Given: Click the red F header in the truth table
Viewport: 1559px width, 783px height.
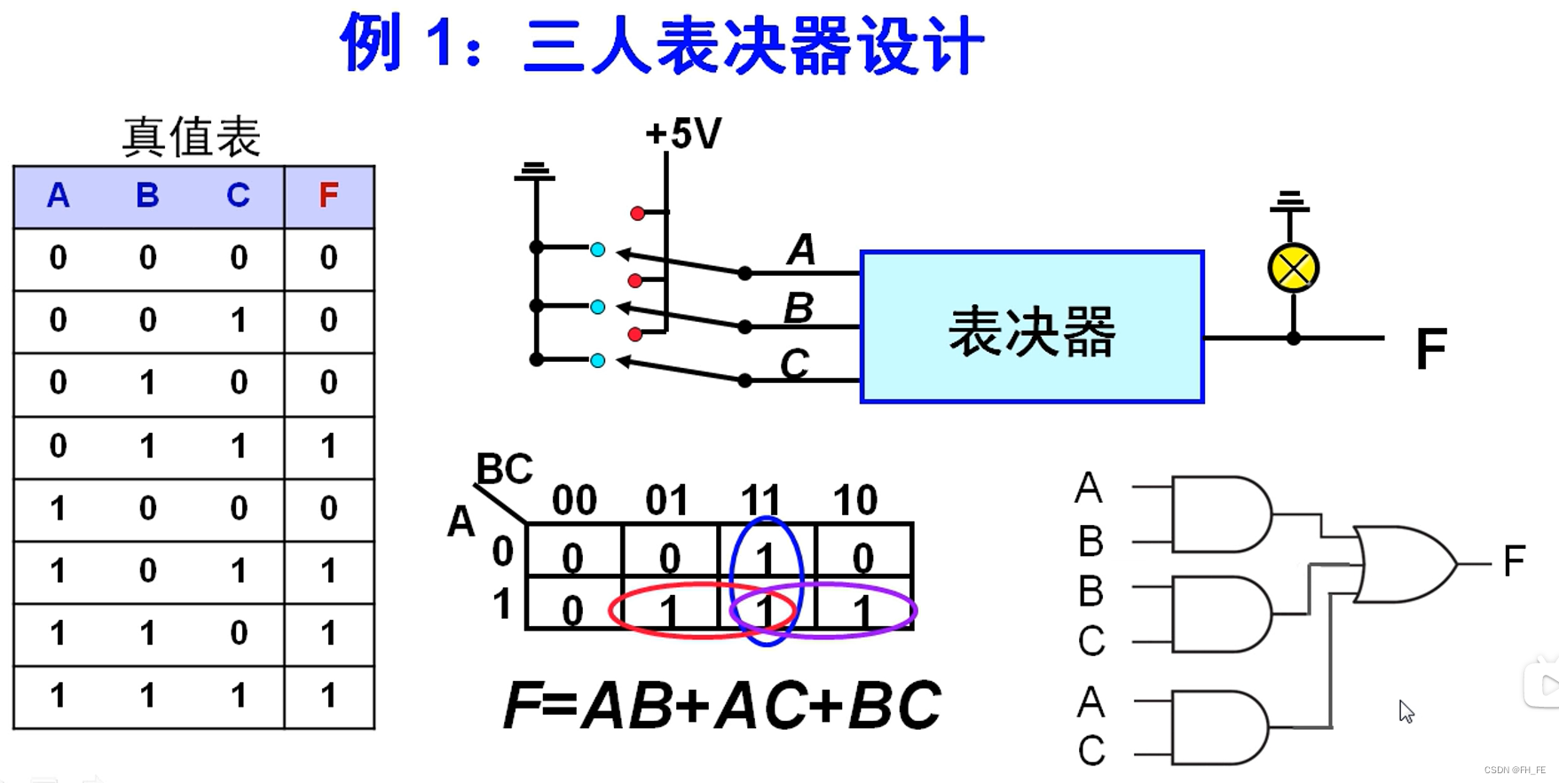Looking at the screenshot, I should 328,195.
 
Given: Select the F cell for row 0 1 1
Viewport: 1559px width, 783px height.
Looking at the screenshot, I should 328,446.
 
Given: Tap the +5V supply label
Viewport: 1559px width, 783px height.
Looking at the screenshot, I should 683,134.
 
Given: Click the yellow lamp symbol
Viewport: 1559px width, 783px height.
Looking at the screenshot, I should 1293,268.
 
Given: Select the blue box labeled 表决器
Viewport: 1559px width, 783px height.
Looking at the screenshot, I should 1031,327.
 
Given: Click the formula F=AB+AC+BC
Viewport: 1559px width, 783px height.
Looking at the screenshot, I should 721,706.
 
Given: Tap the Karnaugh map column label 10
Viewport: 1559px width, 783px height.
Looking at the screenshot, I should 854,501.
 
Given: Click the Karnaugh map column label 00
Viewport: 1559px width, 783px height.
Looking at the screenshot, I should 574,501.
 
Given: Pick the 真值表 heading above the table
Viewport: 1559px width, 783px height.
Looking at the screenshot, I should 191,137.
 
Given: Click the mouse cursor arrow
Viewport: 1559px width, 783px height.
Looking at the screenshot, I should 1405,710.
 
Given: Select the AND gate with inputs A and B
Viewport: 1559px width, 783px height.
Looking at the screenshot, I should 1220,514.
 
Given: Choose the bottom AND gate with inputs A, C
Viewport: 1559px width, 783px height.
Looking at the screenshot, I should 1218,728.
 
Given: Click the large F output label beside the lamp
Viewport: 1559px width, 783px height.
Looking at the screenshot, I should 1430,348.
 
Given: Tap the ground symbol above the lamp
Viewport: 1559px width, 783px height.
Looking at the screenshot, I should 1289,201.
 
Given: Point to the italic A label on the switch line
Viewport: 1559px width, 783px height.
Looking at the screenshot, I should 801,249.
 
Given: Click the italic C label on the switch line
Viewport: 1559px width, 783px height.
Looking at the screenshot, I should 794,364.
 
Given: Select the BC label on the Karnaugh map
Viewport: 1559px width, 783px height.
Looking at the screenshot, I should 504,468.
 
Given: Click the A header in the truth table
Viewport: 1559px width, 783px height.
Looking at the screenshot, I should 59,195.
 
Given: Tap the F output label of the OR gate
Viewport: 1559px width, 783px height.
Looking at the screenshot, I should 1514,560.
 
